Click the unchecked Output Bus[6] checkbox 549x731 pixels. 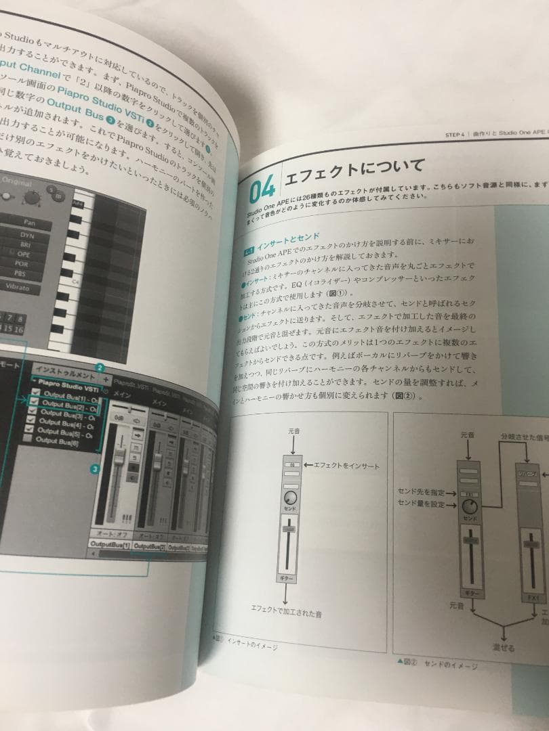pos(28,439)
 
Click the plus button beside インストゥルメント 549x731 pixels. pos(106,379)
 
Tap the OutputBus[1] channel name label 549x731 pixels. pos(108,545)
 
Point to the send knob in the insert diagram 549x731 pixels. pos(291,498)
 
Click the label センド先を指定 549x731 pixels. pos(421,491)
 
